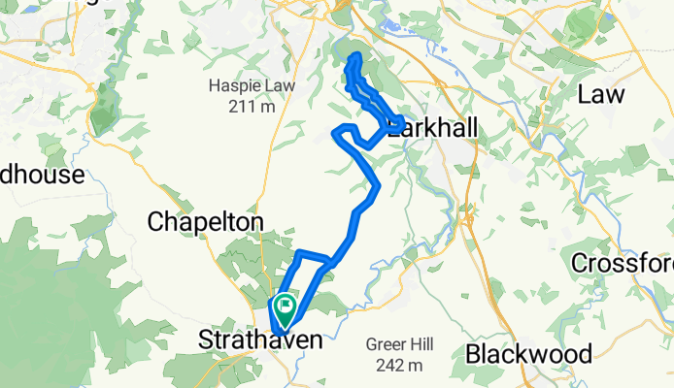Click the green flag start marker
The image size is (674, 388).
286,309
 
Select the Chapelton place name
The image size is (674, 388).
205,222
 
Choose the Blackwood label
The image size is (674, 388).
527,354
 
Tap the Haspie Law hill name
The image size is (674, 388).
242,86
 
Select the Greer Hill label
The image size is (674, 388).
400,345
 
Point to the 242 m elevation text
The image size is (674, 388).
400,365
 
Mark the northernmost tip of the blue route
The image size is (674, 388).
355,55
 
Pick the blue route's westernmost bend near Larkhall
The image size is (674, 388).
336,132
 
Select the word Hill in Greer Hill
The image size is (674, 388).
421,345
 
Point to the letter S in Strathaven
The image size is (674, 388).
205,341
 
